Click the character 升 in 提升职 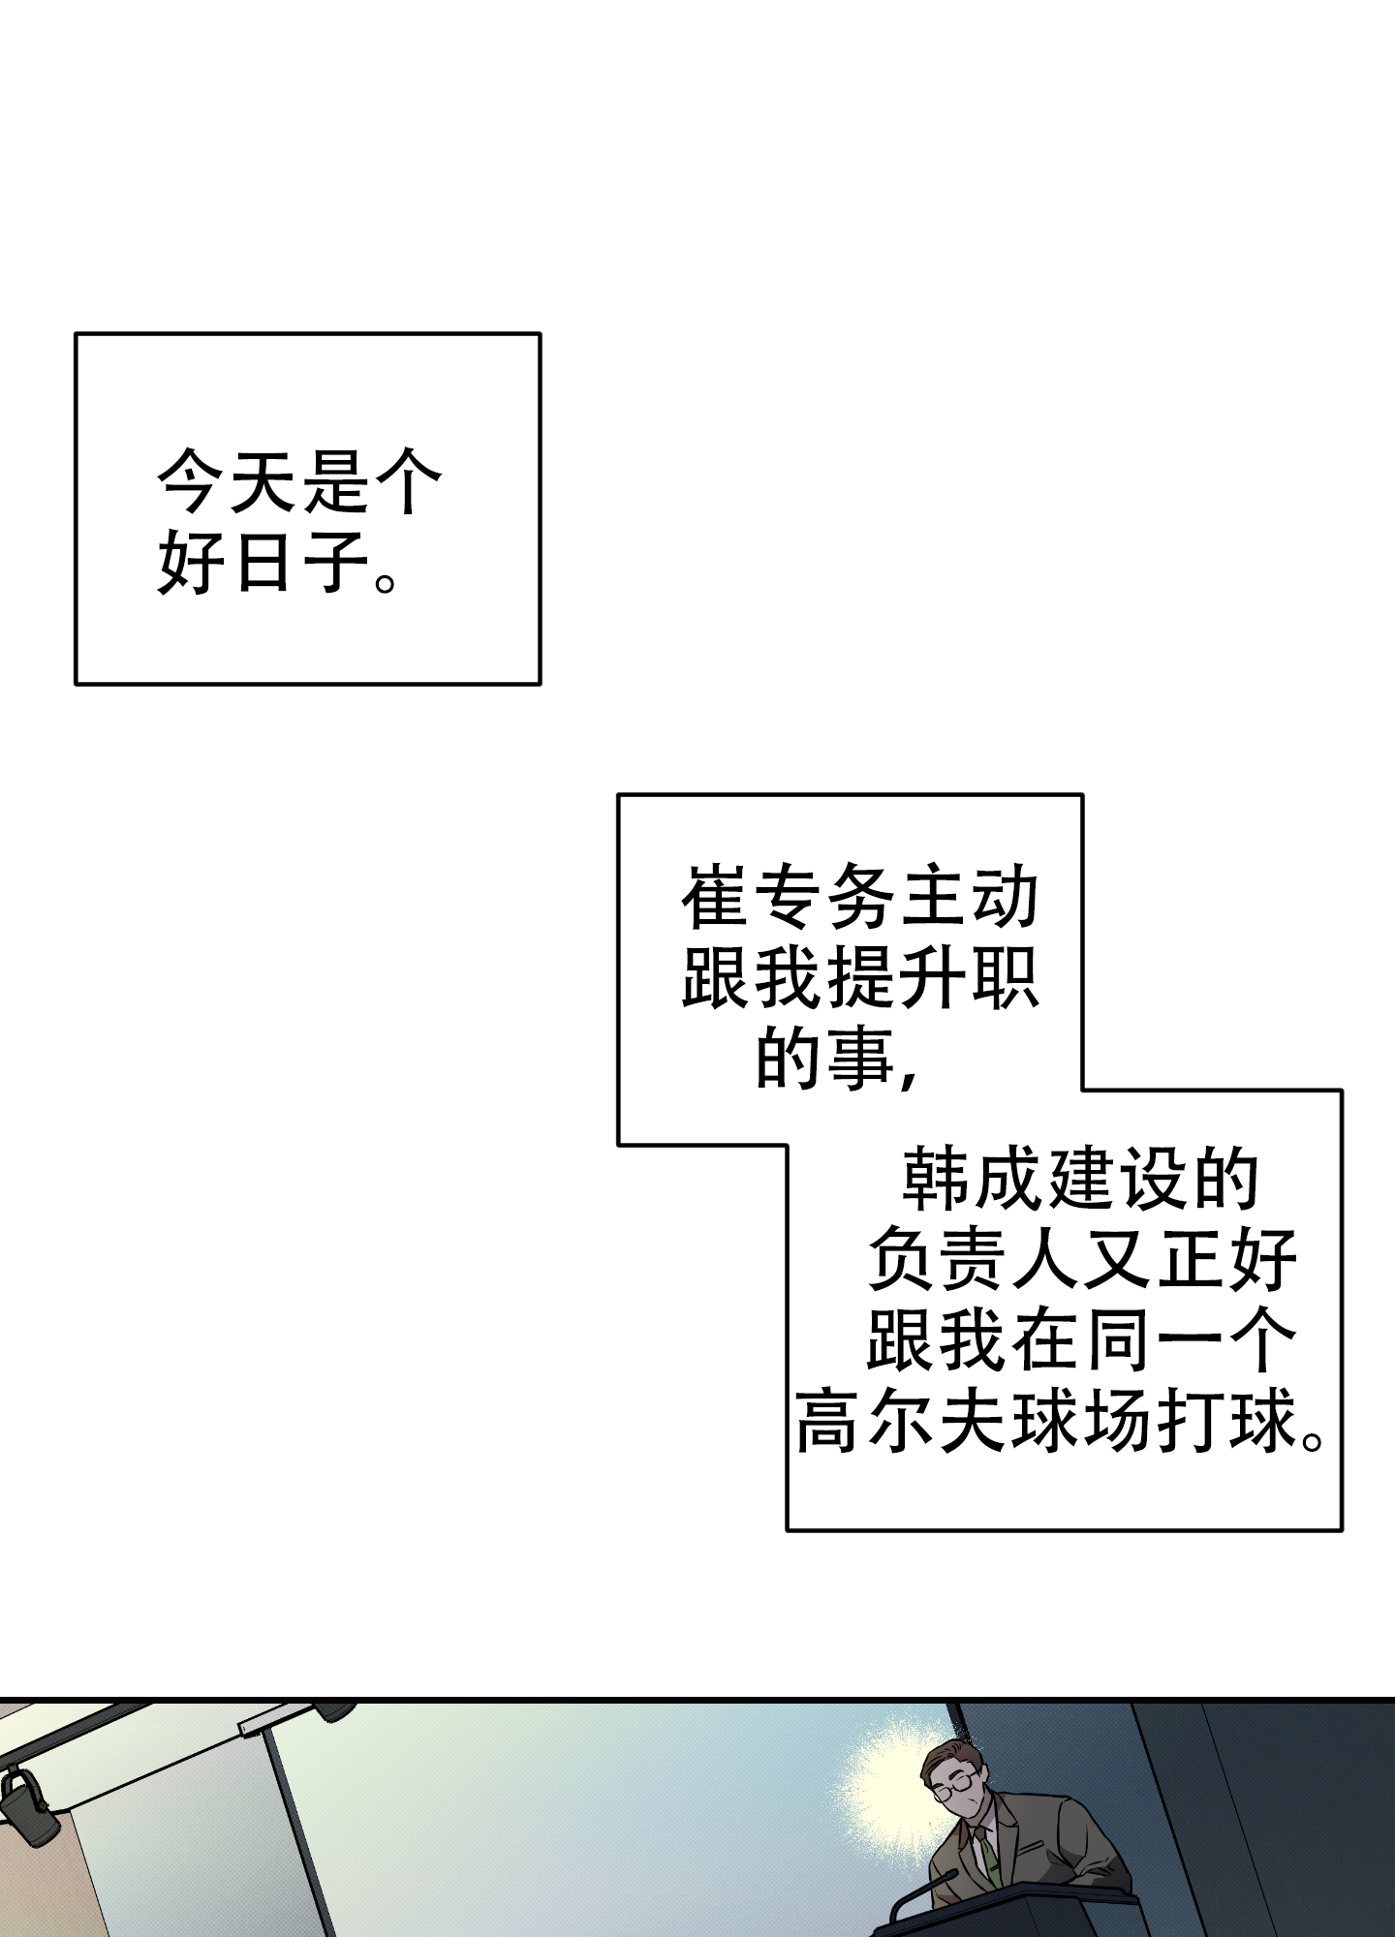pyautogui.click(x=932, y=979)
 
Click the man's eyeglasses pyautogui.click(x=951, y=1785)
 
